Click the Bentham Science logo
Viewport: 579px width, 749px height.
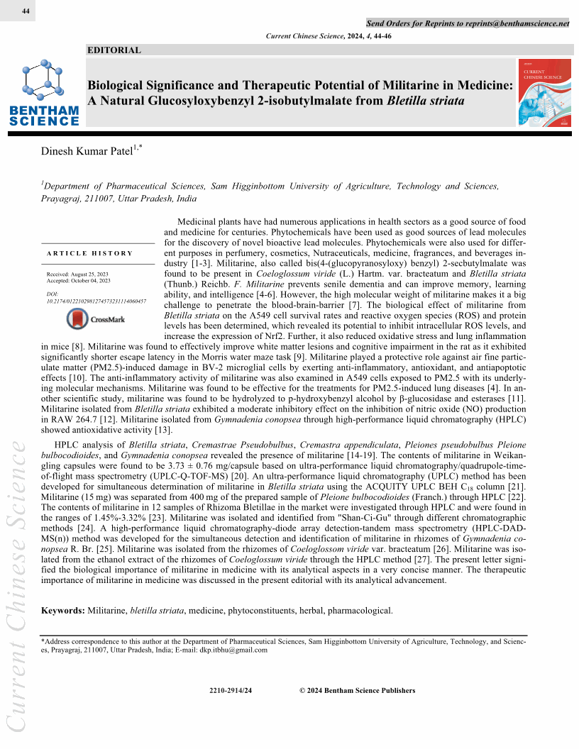coord(45,93)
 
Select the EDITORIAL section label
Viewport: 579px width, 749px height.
coord(114,50)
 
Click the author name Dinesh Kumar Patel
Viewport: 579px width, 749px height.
coord(92,150)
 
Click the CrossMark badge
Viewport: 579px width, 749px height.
coord(96,320)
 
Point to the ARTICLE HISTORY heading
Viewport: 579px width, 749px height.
coord(90,253)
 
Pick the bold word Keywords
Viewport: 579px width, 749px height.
coord(62,611)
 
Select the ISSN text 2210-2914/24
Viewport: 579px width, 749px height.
coord(231,691)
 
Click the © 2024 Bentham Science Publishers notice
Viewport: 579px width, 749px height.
coord(357,691)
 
